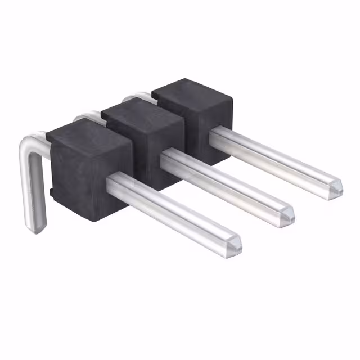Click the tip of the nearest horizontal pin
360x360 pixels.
(237, 245)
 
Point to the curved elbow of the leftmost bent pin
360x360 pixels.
(28, 143)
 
